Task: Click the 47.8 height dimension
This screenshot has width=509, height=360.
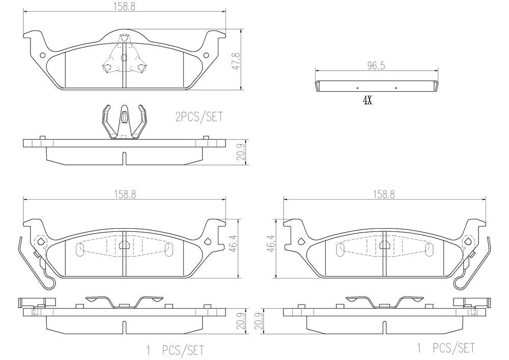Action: (x=238, y=61)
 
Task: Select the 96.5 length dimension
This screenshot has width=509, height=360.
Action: (x=376, y=66)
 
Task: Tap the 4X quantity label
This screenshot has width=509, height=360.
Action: (x=367, y=101)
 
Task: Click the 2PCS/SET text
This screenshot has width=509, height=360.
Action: (x=200, y=117)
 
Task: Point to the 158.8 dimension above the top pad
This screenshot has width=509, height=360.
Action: (x=124, y=7)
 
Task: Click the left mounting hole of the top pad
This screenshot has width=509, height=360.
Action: (x=42, y=55)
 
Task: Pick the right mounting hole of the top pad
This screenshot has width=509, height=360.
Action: (x=206, y=55)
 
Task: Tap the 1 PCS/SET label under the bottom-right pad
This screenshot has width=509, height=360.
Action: (x=446, y=348)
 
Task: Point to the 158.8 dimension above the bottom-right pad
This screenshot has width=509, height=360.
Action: (x=384, y=195)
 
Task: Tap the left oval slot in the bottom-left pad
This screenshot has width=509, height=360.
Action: (x=79, y=250)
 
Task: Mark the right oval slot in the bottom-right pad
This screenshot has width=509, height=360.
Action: (x=430, y=250)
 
